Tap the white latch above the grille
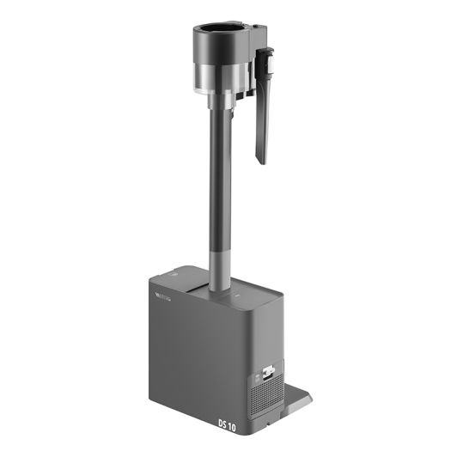pos(267,373)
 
